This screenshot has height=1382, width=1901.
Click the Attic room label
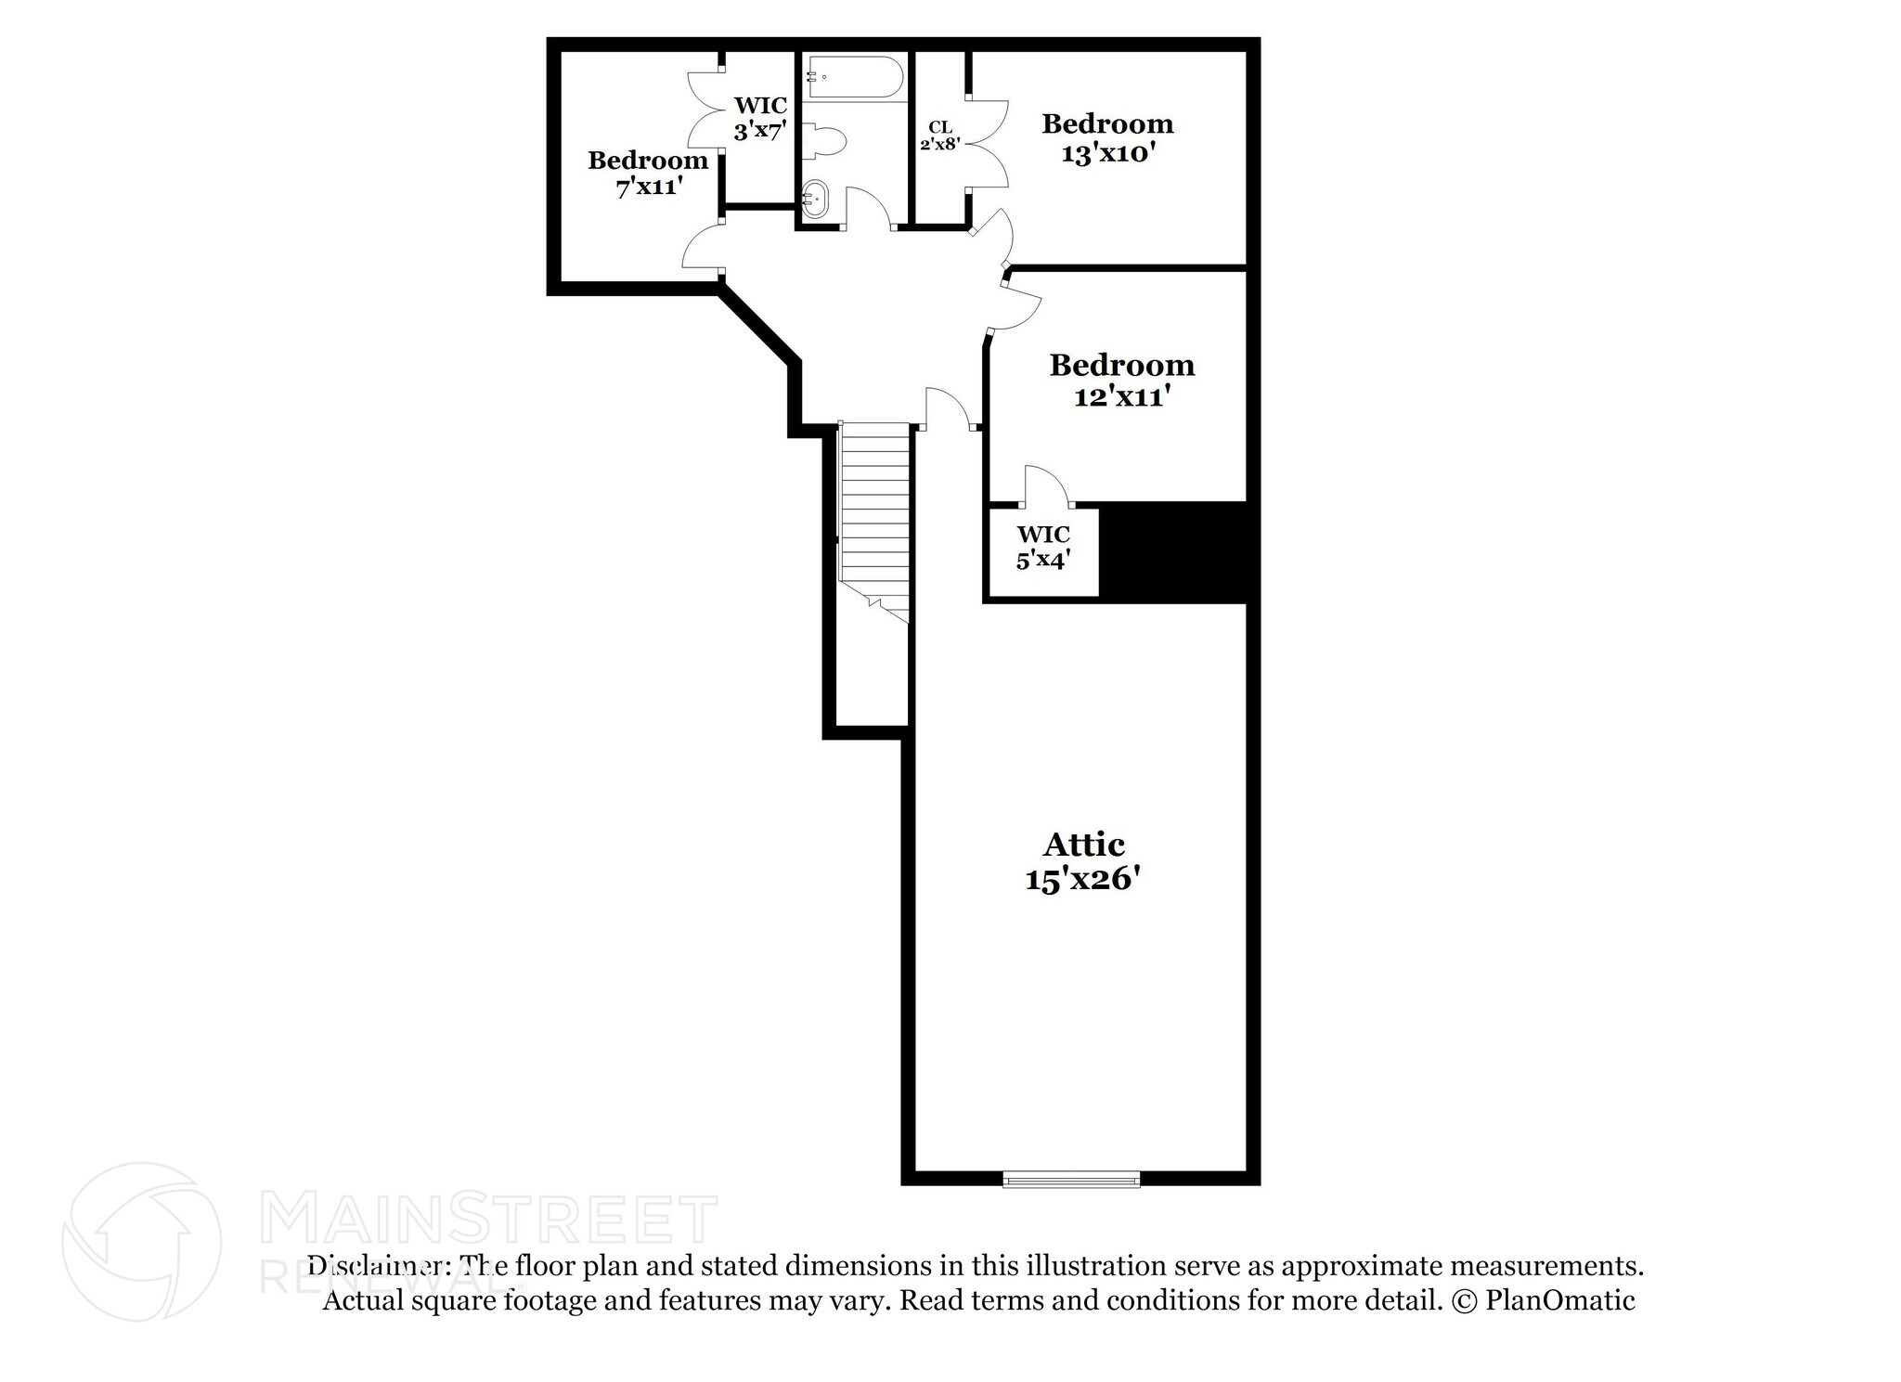1083,845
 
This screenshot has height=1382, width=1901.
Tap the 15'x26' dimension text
1081,879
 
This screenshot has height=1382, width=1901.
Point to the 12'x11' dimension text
1121,397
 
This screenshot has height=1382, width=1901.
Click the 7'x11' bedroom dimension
649,187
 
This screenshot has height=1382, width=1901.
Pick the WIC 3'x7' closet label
760,118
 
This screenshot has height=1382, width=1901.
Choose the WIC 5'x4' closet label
1043,548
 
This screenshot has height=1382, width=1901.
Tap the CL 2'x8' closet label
939,136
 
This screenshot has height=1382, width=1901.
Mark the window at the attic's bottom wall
1071,1180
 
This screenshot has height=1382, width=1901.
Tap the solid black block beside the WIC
1172,553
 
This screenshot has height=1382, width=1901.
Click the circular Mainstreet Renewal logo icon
141,1242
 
